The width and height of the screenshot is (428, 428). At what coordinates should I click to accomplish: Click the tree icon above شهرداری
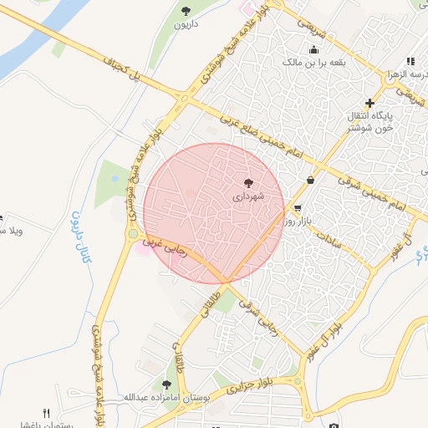tap(248, 182)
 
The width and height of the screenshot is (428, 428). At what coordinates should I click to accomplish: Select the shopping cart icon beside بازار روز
tap(297, 207)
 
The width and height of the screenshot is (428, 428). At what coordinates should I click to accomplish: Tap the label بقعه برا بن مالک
tap(313, 62)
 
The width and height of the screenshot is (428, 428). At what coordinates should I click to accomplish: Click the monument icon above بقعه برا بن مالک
tap(313, 49)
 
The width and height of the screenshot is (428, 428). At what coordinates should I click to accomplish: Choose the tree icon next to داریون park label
tap(185, 11)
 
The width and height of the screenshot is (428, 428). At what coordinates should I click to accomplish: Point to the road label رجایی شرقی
tap(254, 314)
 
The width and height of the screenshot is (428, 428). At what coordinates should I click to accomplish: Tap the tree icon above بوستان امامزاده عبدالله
tap(166, 385)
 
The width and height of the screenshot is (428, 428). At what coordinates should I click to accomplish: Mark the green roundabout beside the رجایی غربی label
tap(133, 234)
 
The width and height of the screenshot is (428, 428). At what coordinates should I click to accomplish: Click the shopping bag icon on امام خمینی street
tap(311, 180)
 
